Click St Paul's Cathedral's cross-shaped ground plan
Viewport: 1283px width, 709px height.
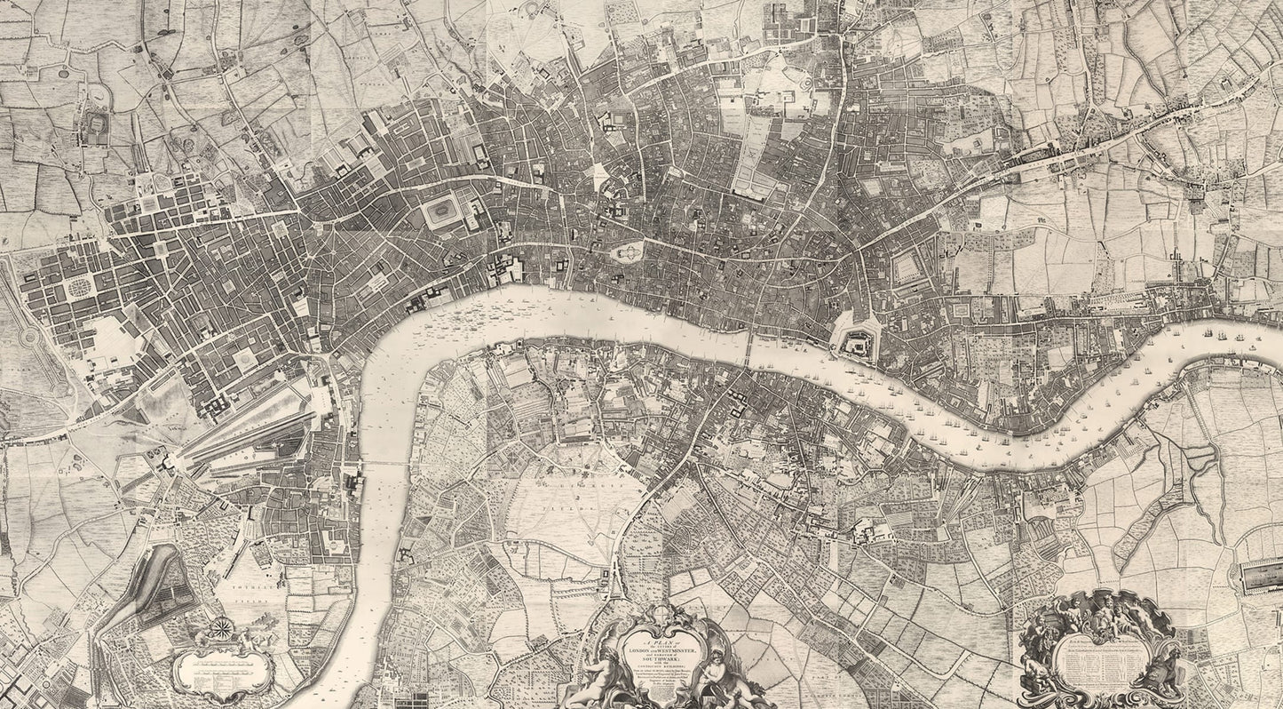pos(628,252)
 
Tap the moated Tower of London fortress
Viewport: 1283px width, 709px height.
pos(856,341)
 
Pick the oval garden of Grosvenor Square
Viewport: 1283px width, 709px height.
pos(80,286)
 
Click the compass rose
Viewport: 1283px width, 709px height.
pos(219,633)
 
